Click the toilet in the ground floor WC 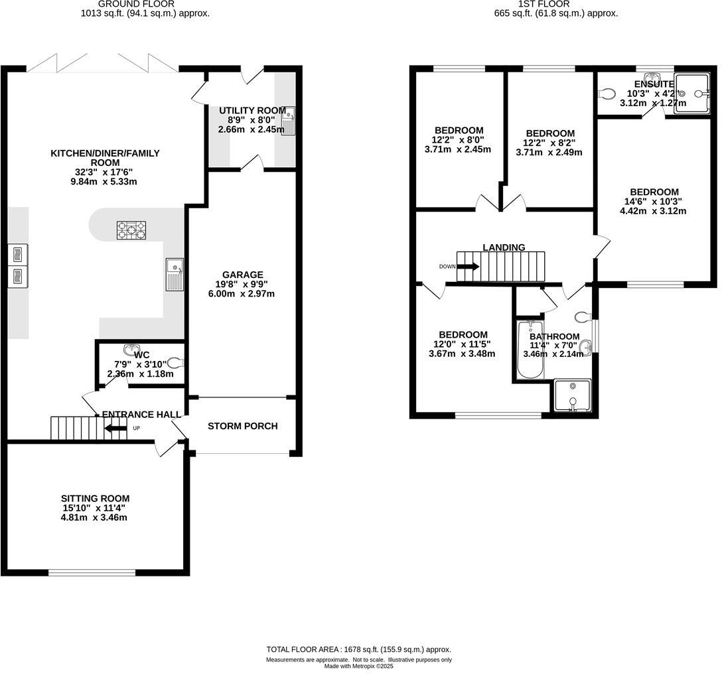[x=175, y=362]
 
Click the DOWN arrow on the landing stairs [x=468, y=267]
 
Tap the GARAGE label [x=242, y=275]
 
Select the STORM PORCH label [x=242, y=426]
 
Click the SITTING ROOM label [x=95, y=498]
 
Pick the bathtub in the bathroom [x=530, y=350]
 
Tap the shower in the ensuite [x=692, y=94]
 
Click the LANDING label [x=504, y=247]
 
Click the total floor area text [x=358, y=649]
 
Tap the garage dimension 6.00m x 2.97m [x=242, y=294]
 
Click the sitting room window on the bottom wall [x=92, y=573]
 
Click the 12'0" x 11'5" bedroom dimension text [x=462, y=344]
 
